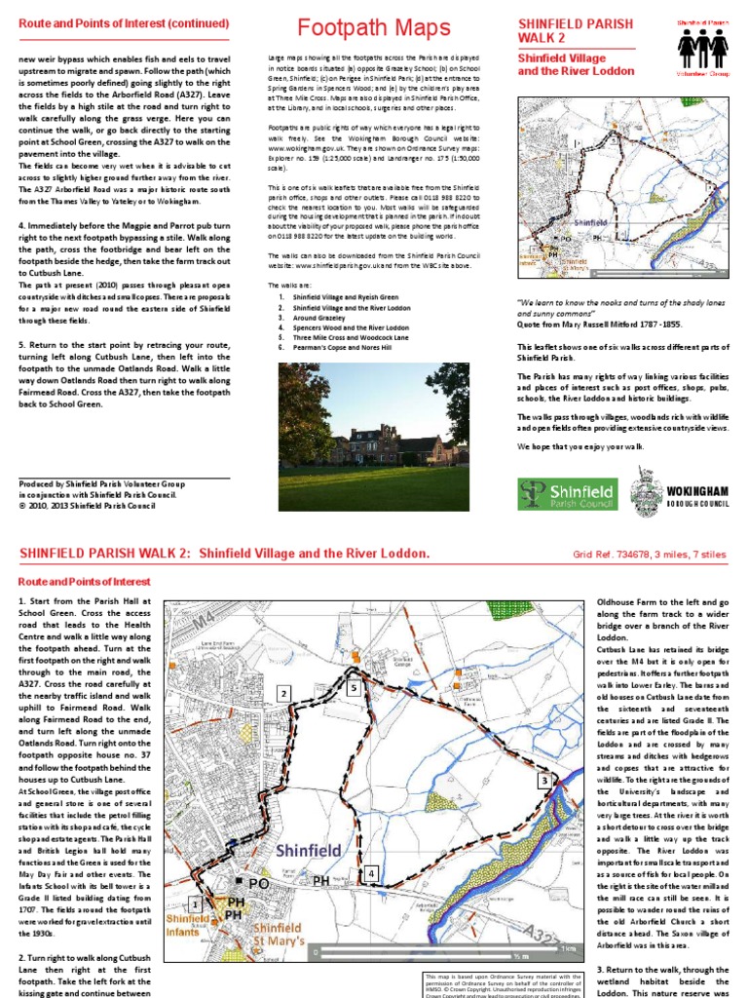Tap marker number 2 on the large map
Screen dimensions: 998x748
coord(283,693)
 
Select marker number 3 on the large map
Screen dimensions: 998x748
coord(542,781)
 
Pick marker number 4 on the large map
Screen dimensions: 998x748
coord(370,874)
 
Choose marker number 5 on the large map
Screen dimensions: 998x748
coord(354,688)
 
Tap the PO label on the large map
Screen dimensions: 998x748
coord(259,883)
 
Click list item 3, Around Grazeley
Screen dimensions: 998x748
coord(320,318)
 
